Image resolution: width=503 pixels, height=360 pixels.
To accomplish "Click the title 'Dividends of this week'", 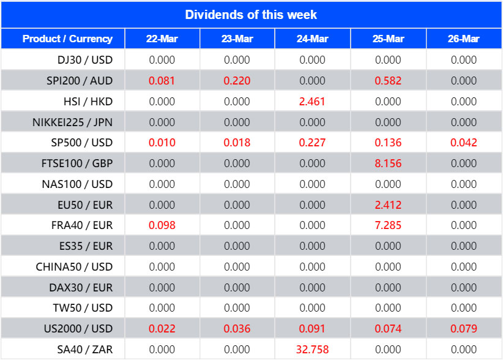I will (251, 14).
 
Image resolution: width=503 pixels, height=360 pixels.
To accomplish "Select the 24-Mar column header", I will (312, 39).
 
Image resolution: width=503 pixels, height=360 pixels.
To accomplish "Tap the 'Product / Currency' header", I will (67, 39).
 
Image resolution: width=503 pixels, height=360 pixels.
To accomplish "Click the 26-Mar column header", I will (463, 39).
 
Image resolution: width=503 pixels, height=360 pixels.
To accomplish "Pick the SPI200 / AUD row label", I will (80, 81).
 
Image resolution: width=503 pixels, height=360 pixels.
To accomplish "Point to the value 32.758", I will (312, 350).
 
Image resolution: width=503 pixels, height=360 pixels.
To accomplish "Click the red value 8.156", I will (388, 163).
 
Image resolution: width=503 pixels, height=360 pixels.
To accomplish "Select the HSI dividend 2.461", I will (312, 101).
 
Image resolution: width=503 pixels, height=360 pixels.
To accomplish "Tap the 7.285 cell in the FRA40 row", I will (388, 225).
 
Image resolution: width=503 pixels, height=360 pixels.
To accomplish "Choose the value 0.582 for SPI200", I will (388, 81).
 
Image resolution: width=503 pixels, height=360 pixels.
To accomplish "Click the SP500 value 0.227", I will (312, 143).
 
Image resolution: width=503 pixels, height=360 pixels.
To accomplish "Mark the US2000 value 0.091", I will (312, 329).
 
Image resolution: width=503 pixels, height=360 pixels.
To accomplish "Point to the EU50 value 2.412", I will (388, 204).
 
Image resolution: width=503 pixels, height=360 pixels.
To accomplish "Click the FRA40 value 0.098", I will (162, 225).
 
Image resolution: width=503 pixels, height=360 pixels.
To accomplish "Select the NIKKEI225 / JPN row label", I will (72, 122).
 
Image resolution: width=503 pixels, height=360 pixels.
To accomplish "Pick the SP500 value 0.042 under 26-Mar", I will (463, 143).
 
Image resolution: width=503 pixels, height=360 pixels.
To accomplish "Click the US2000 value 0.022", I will (162, 329).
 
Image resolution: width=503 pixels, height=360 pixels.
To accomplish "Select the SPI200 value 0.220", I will (237, 81).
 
